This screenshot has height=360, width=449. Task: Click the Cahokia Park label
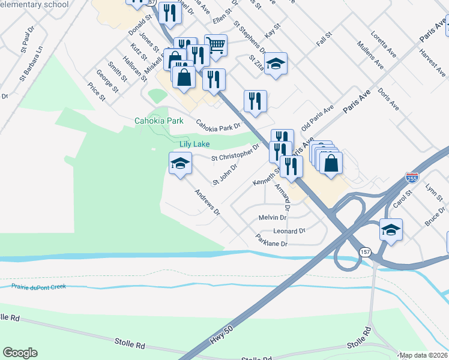coord(159,121)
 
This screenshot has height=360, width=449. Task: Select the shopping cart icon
coord(215,44)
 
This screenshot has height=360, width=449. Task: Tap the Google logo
coord(20,353)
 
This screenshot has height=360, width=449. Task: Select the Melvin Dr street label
coord(272,218)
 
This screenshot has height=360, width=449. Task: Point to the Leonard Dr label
coord(289,231)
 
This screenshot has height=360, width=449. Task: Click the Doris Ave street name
coord(389,99)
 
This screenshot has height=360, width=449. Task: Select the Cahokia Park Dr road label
coord(218,125)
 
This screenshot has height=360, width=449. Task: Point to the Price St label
coord(96,92)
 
